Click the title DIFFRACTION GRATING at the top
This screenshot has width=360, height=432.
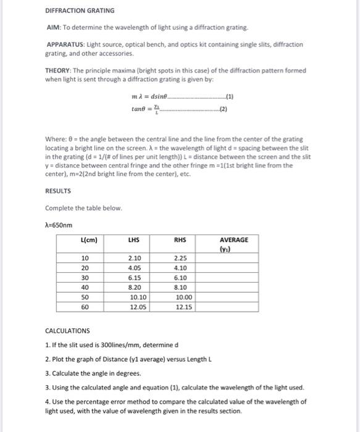tap(80, 11)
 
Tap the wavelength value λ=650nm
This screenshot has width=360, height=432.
tap(62, 225)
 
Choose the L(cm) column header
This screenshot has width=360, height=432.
tap(89, 239)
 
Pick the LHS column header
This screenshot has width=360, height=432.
tap(133, 239)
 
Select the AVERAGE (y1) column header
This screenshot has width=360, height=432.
tap(234, 244)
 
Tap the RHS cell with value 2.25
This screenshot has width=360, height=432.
tap(180, 258)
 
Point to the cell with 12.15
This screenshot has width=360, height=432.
tap(183, 306)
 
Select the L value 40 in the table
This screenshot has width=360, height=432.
tap(85, 287)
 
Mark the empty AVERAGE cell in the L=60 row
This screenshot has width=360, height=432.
tap(234, 306)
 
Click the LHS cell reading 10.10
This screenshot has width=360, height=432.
tap(138, 297)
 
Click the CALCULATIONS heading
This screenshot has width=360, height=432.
tap(69, 331)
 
